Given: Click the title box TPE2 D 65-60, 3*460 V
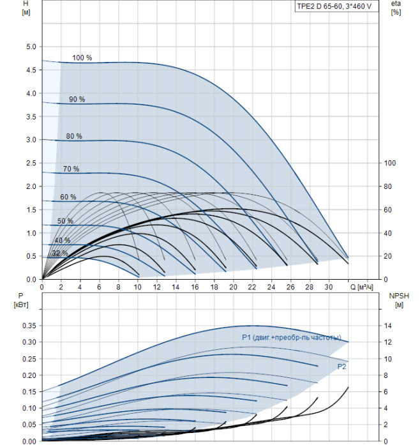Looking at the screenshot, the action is (x=336, y=6).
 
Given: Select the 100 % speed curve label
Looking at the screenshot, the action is (x=82, y=58).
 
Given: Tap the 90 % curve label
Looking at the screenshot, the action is (x=77, y=99).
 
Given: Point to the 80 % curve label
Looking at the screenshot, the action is (x=74, y=136).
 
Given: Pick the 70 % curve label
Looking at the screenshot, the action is (x=71, y=169).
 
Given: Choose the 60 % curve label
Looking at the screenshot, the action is (x=68, y=197).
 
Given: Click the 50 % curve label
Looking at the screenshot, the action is (x=65, y=221).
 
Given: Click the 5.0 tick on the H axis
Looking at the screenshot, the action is (x=31, y=47).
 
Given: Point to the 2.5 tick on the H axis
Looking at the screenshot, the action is (x=31, y=163).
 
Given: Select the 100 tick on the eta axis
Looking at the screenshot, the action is (x=390, y=163).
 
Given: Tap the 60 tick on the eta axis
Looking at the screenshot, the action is (x=387, y=210).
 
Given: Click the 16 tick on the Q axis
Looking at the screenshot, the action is (x=195, y=287).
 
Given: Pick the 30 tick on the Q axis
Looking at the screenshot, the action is (x=329, y=287).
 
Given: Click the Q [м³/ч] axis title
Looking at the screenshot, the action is (x=361, y=287).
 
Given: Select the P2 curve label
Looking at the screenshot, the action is (x=341, y=367).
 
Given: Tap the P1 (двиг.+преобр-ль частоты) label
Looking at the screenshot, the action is (x=292, y=338).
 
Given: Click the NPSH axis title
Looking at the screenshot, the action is (x=399, y=300).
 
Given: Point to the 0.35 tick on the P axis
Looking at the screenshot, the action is (x=29, y=326).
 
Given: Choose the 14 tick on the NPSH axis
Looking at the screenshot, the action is (x=387, y=326).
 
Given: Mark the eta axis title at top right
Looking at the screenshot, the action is (x=396, y=8).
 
